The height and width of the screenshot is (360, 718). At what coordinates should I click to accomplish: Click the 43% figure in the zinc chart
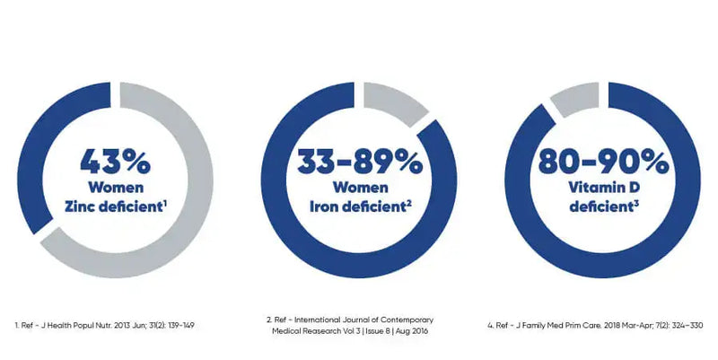pos(116,162)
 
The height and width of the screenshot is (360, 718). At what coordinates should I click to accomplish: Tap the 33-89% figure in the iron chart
pos(358,162)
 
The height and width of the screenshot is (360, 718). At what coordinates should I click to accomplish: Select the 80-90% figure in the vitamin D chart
pos(602,162)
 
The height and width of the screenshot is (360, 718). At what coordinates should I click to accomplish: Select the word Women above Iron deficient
pos(359,189)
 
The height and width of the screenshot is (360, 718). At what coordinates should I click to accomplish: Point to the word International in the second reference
pos(329,318)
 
